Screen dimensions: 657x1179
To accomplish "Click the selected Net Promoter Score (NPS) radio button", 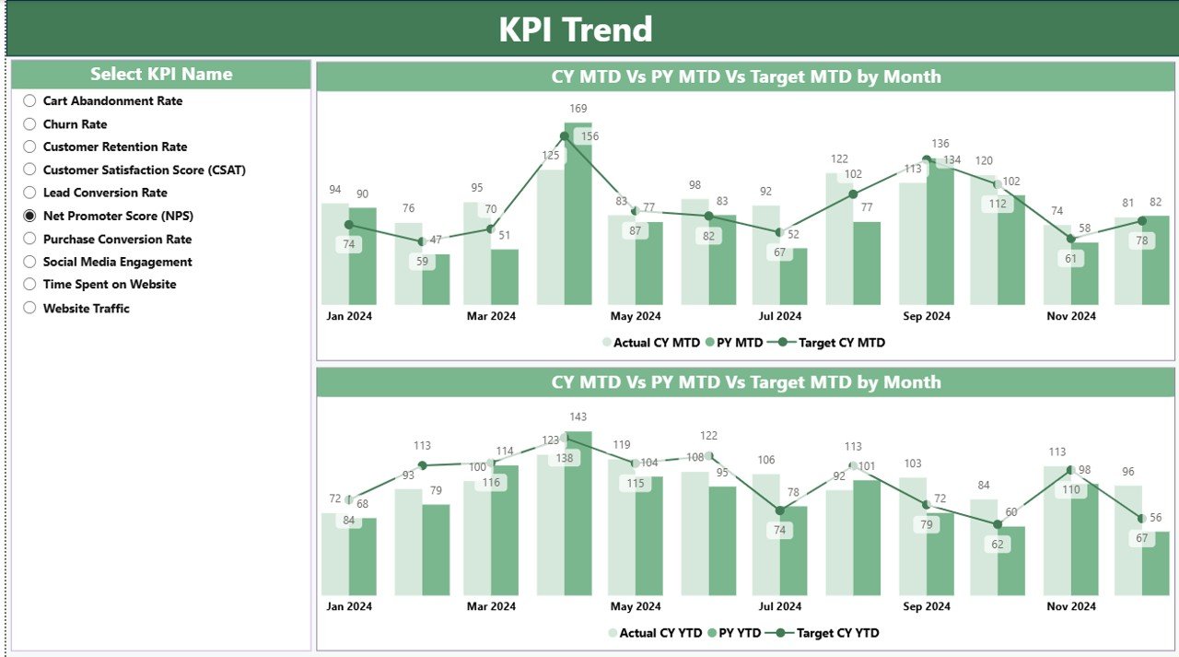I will [x=29, y=216].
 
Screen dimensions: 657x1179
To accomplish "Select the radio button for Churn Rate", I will [x=29, y=124].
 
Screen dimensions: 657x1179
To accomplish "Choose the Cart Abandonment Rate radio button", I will [x=29, y=101].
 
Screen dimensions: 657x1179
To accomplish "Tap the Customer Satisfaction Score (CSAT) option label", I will [x=144, y=170].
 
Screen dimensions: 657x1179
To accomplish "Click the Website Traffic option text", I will [x=86, y=309].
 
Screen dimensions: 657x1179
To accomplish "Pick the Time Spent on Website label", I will [x=109, y=285].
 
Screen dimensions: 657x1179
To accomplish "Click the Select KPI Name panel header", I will [x=161, y=75].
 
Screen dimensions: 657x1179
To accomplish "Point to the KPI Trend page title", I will [x=576, y=29].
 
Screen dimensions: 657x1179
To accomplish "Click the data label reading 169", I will [x=578, y=109].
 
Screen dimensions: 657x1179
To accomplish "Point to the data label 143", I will [x=578, y=417].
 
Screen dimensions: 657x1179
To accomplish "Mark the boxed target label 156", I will [x=589, y=136].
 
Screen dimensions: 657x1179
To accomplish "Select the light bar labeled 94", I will [x=335, y=253].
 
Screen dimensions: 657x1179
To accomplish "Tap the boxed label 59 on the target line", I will [x=423, y=261].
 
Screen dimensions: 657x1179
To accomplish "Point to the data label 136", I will [x=940, y=144].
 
